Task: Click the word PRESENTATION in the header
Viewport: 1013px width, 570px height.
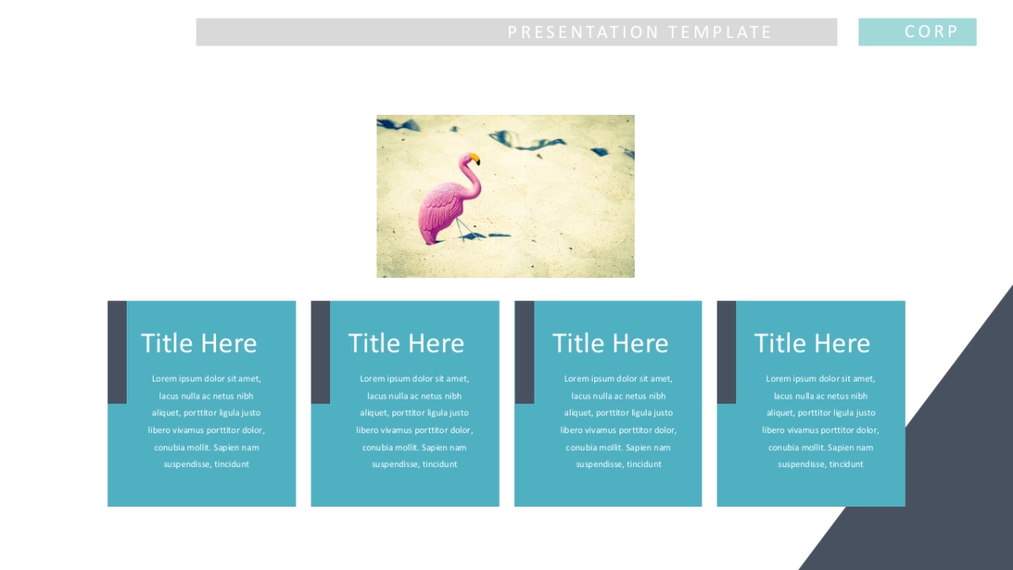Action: coord(583,32)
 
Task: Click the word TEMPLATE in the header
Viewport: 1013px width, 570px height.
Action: coord(719,32)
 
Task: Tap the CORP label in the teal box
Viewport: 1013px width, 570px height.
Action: coord(931,31)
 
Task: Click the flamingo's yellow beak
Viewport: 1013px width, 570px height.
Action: coord(474,159)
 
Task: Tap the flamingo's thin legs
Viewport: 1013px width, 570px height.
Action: coord(463,230)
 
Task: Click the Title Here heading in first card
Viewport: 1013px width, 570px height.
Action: coord(199,343)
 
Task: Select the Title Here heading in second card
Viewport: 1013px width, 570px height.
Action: coord(406,343)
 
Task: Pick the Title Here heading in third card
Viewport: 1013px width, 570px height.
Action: coord(610,343)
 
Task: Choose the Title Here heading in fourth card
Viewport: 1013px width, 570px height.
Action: coord(812,343)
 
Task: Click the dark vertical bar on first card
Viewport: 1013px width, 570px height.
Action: coord(117,352)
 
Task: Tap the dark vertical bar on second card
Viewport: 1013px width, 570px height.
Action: coord(321,352)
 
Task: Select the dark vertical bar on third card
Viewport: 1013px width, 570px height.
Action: coord(524,352)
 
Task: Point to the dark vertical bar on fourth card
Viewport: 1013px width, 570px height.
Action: coord(726,352)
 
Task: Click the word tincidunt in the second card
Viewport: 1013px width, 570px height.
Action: coord(440,464)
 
